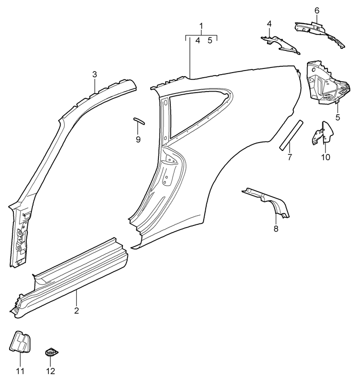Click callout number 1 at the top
pyautogui.click(x=202, y=26)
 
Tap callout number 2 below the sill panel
pyautogui.click(x=76, y=310)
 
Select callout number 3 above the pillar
pyautogui.click(x=95, y=75)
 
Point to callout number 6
pyautogui.click(x=317, y=11)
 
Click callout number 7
pyautogui.click(x=290, y=157)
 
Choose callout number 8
pyautogui.click(x=276, y=229)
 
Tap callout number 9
pyautogui.click(x=138, y=139)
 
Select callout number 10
pyautogui.click(x=326, y=157)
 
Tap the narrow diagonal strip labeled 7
pyautogui.click(x=291, y=135)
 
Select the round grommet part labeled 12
pyautogui.click(x=51, y=353)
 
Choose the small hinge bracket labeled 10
pyautogui.click(x=323, y=133)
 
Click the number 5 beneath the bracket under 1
pyautogui.click(x=210, y=41)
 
